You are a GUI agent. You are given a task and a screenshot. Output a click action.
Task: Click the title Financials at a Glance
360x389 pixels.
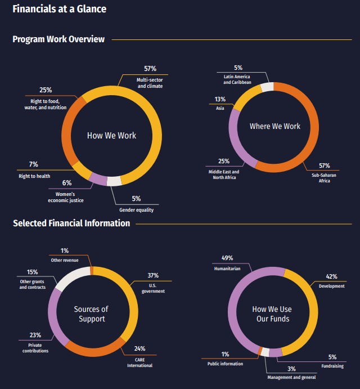click(59, 9)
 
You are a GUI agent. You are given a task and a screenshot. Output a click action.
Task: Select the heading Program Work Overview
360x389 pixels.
click(58, 39)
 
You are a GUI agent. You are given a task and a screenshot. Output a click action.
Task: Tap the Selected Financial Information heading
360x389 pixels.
click(71, 223)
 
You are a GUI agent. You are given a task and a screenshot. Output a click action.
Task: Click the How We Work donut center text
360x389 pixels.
click(111, 136)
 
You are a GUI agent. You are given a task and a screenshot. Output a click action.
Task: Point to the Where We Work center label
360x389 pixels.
click(275, 126)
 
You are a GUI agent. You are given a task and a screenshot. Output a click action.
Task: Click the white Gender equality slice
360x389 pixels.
click(114, 181)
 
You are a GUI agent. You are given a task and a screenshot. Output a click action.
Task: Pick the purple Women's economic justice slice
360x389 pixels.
click(98, 178)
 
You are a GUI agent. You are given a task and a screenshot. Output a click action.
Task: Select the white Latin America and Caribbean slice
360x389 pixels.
click(267, 87)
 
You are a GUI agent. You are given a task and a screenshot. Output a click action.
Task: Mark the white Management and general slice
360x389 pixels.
click(264, 351)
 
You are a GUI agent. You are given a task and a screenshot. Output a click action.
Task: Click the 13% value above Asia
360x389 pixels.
click(220, 99)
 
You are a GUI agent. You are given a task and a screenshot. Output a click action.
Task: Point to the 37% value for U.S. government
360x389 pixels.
click(153, 276)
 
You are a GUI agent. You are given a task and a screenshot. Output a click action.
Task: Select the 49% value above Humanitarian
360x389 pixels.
click(227, 258)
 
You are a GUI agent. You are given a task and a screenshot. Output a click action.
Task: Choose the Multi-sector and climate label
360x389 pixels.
click(150, 83)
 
